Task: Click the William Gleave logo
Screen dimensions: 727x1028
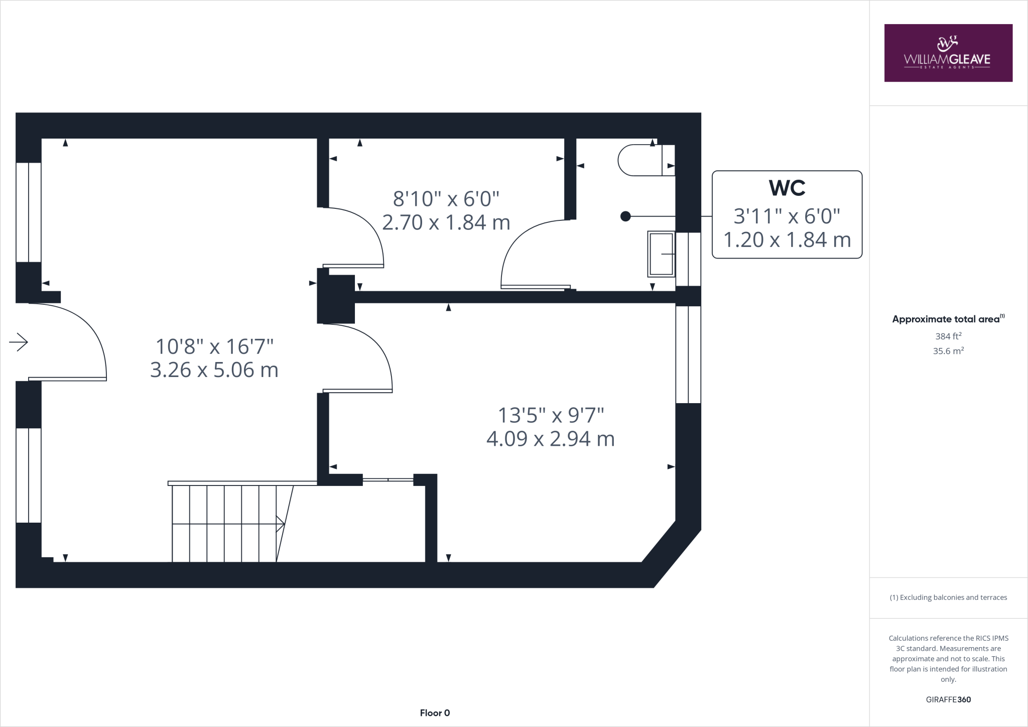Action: (948, 53)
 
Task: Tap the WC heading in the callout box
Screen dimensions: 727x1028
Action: (787, 188)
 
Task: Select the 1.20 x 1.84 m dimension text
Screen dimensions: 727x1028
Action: (787, 239)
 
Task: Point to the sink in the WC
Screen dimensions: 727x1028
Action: (661, 254)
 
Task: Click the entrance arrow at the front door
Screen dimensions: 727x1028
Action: (19, 342)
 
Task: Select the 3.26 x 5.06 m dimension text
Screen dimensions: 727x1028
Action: (214, 370)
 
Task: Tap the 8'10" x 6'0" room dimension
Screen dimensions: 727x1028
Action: (446, 199)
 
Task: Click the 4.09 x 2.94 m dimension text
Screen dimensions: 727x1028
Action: (550, 439)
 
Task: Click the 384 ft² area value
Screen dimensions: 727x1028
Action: (948, 336)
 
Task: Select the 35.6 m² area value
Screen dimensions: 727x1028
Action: (948, 351)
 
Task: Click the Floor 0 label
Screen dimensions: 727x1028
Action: (435, 713)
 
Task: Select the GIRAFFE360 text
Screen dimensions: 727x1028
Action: (948, 699)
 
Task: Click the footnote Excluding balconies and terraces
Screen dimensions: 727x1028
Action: (948, 597)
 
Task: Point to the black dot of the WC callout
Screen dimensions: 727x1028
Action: (625, 216)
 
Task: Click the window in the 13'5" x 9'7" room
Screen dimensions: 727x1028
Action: (688, 354)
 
